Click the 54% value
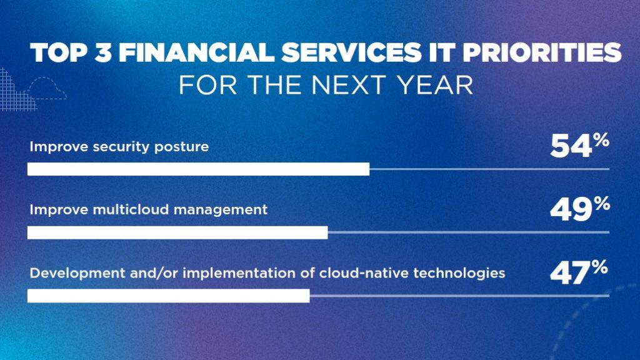[579, 146]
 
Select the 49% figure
[580, 209]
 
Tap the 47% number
[579, 272]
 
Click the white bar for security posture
[198, 169]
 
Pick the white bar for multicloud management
[177, 232]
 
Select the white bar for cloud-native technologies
[169, 296]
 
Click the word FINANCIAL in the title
[196, 52]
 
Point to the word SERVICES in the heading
[351, 52]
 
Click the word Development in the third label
[77, 274]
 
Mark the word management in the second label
[221, 211]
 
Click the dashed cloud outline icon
[47, 88]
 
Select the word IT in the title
[442, 52]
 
